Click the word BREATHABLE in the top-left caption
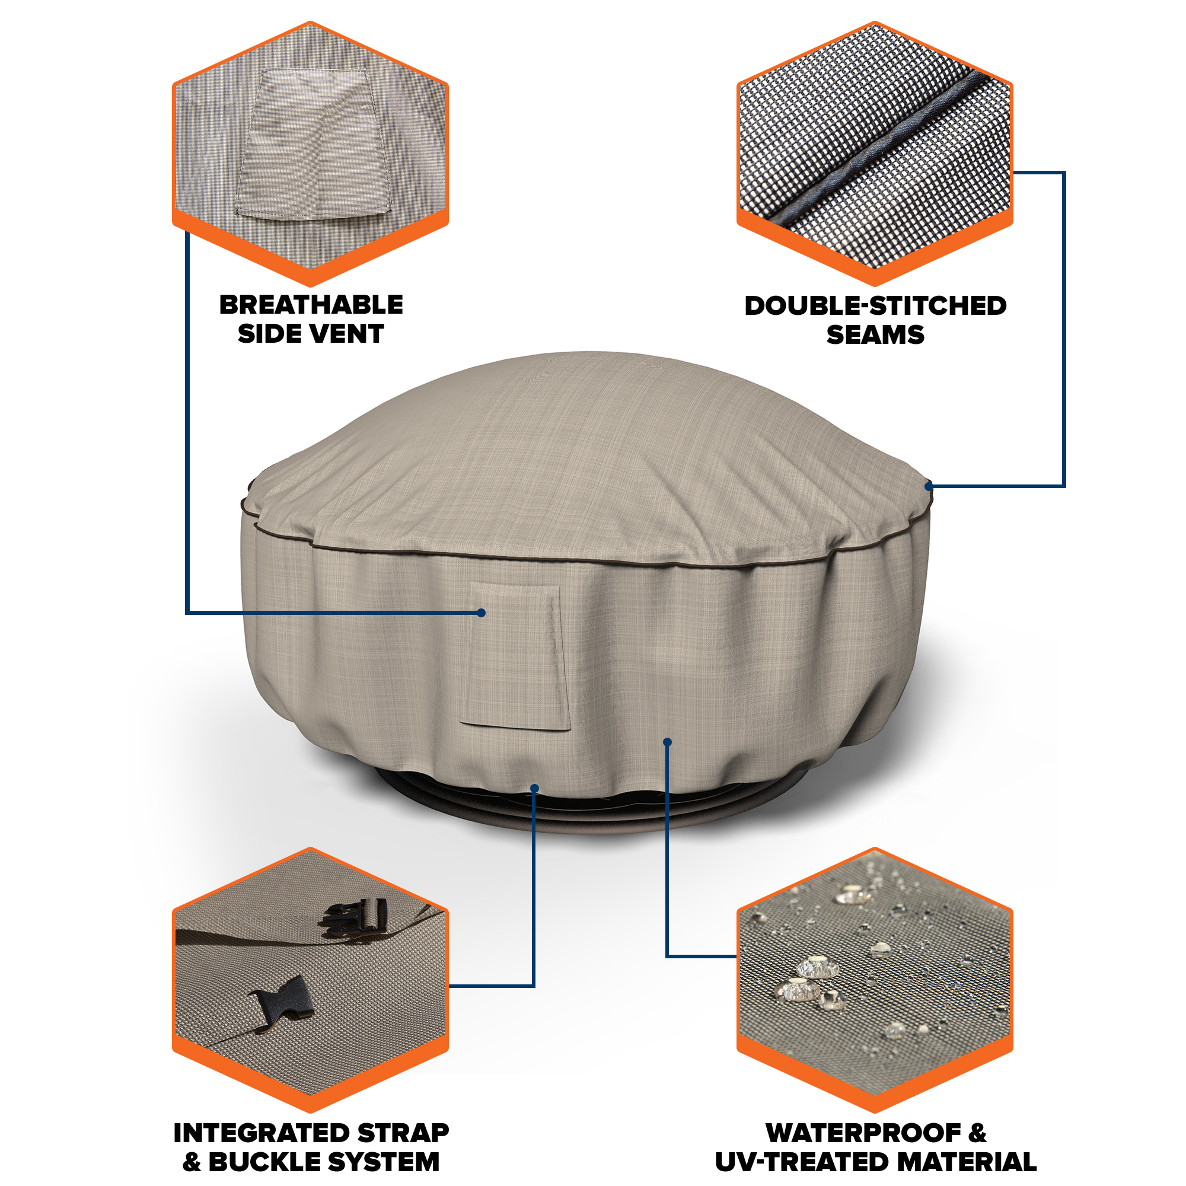tap(311, 304)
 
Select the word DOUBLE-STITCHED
tap(875, 306)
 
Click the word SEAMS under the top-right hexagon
tap(875, 334)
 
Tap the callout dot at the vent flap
tap(482, 613)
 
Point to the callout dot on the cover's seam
tap(929, 486)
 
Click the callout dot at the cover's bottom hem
tap(534, 788)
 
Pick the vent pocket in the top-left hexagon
tap(313, 144)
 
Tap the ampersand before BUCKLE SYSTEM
tap(192, 1162)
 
